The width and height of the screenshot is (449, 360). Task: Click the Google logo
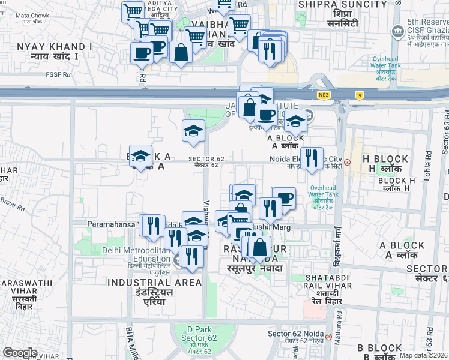coord(20,353)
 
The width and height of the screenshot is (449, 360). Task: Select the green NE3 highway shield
coord(324,95)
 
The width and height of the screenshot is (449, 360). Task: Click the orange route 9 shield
coord(359,95)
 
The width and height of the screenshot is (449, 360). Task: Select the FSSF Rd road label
coord(58,75)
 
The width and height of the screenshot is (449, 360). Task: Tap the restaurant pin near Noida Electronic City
coord(311,158)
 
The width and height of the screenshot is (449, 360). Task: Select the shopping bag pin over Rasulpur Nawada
coord(260,247)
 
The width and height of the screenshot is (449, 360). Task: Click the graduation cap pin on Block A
coord(140,157)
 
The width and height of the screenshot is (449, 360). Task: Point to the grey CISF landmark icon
coord(397,31)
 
